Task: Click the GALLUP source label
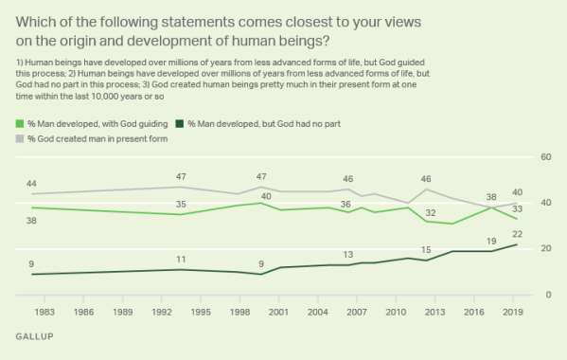tap(34, 337)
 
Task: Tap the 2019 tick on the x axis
tap(511, 310)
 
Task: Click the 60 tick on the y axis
tap(544, 157)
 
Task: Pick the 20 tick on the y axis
tap(544, 249)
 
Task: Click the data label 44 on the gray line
tap(32, 183)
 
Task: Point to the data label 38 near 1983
tap(32, 220)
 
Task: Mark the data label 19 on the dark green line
tap(491, 242)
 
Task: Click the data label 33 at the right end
tap(518, 208)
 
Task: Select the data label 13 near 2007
tap(347, 254)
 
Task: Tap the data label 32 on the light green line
tap(430, 212)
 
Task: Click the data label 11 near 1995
tap(181, 259)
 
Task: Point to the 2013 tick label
tap(434, 310)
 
